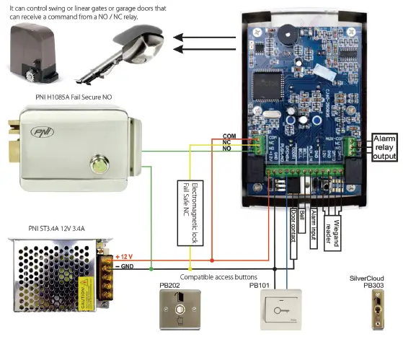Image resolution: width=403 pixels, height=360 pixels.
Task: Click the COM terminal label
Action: coord(229,136)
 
